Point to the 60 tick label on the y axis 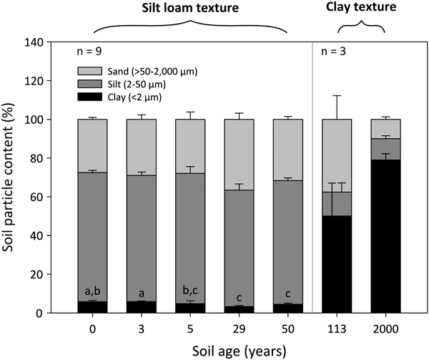(x=35, y=197)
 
